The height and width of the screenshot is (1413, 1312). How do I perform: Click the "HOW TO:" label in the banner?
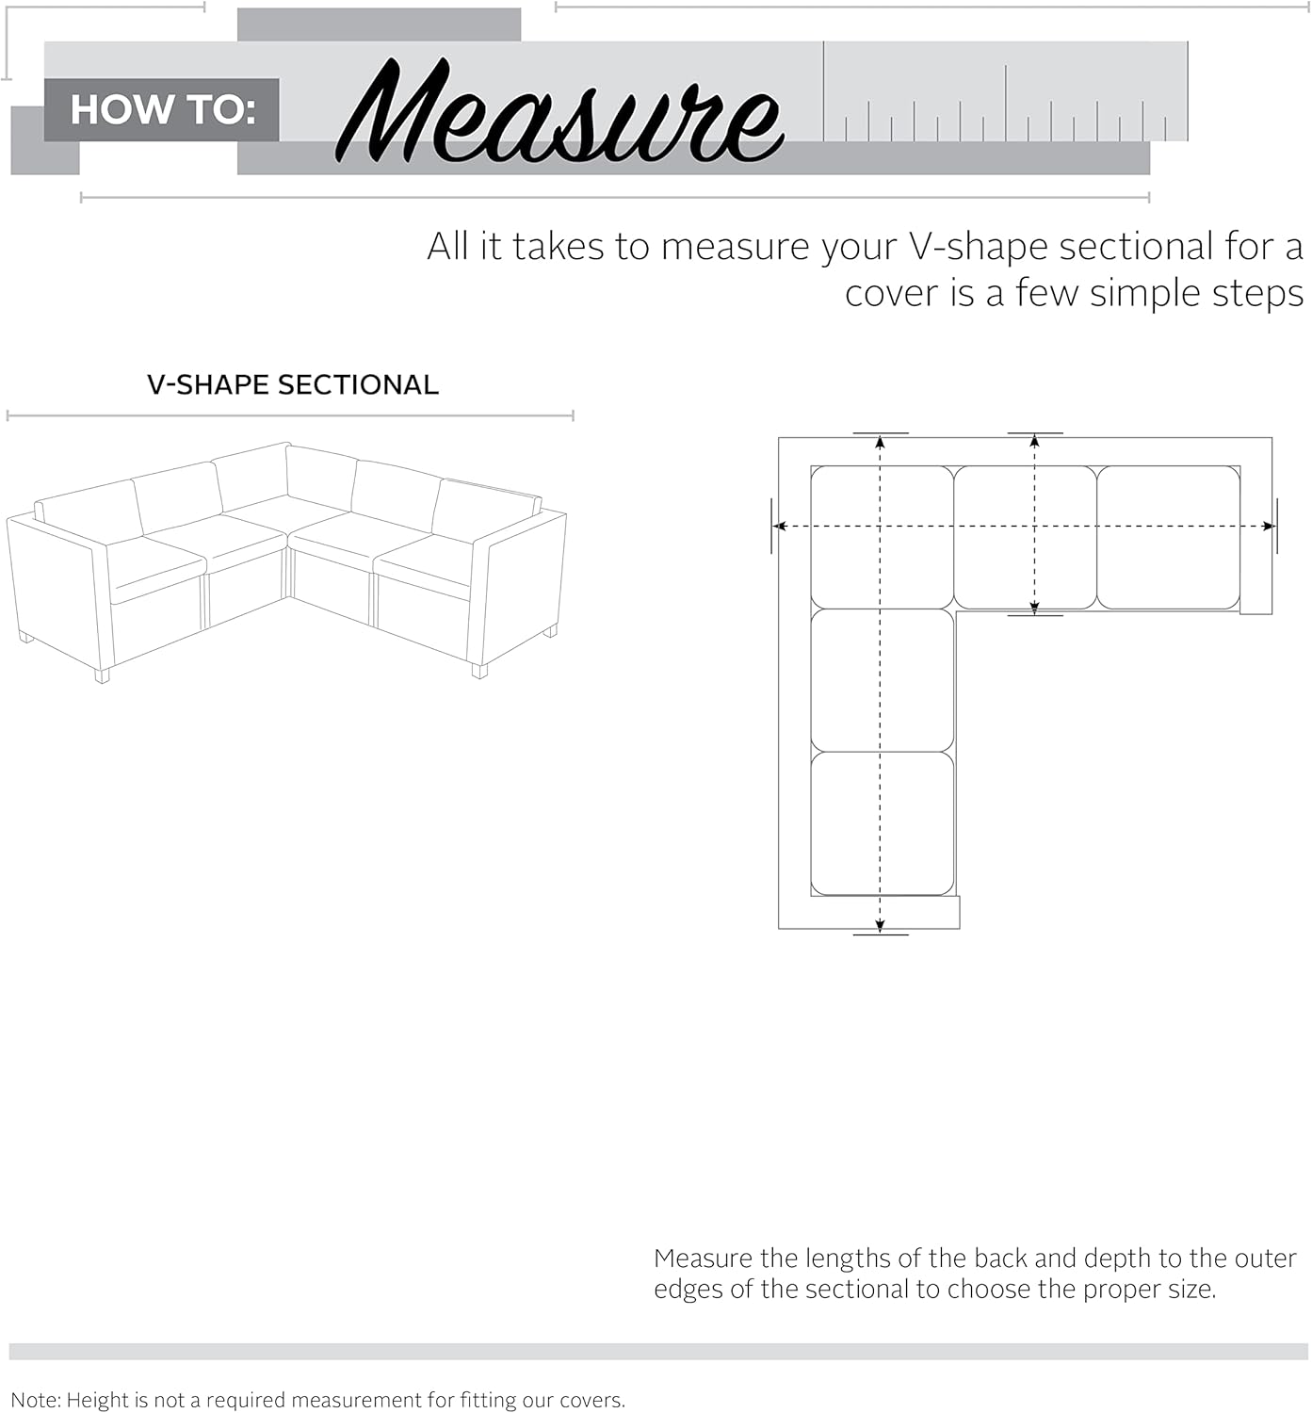click(x=163, y=110)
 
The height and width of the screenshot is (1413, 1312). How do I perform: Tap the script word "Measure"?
click(x=559, y=112)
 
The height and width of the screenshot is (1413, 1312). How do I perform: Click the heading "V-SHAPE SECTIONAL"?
click(x=292, y=385)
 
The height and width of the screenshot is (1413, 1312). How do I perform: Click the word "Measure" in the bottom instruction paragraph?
click(x=703, y=1259)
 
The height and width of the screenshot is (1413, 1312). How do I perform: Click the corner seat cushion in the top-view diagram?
click(x=882, y=537)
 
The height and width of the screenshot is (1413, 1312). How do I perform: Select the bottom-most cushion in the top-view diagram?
click(x=882, y=823)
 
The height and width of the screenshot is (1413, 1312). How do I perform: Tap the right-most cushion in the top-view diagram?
click(x=1168, y=537)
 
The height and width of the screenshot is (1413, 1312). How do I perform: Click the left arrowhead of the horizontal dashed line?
click(x=780, y=527)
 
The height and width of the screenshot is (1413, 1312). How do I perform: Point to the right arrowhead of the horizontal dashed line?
click(x=1269, y=527)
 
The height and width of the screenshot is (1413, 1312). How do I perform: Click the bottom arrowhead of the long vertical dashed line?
click(x=880, y=926)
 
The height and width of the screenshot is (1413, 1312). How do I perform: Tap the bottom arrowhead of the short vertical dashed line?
click(x=1034, y=609)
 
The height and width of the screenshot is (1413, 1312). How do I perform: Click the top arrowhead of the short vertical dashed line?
click(x=1034, y=441)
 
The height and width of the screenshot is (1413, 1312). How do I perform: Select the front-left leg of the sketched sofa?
click(x=103, y=675)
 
